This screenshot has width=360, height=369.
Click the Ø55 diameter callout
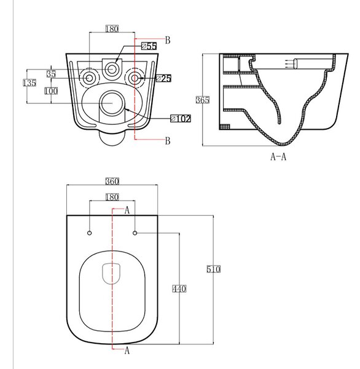click(149, 46)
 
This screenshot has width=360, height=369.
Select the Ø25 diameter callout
click(164, 78)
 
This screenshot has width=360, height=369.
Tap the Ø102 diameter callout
click(181, 119)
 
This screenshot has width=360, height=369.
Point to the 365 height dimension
click(203, 100)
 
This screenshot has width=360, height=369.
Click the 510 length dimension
click(214, 269)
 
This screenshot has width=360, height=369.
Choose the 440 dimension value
click(179, 289)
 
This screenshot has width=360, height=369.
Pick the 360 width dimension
click(112, 181)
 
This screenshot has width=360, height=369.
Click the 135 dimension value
click(29, 83)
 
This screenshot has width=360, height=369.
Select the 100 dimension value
click(51, 91)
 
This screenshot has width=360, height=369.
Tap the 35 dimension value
click(51, 74)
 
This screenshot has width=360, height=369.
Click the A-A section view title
click(278, 156)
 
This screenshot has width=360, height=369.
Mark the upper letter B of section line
click(168, 40)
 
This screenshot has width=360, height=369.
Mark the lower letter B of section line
click(168, 141)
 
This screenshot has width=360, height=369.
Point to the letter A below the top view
click(127, 351)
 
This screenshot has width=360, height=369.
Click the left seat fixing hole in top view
click(89, 233)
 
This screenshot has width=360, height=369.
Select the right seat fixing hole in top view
click(135, 233)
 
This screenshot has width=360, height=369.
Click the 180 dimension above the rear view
click(112, 29)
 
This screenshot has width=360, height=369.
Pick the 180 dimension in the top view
click(112, 197)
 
